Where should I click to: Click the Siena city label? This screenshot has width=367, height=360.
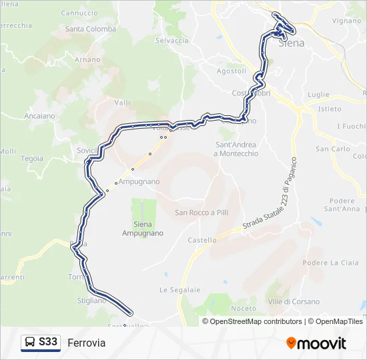pos(291,43)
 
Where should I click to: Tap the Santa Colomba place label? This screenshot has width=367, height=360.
pos(91,29)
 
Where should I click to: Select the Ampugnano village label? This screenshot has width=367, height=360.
pos(139,181)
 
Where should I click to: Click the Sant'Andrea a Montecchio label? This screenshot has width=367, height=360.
pos(236,149)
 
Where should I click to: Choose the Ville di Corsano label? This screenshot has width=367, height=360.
pos(294,302)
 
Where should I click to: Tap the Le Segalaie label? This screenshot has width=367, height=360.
pos(175,290)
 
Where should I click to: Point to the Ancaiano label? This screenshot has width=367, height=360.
pos(40,116)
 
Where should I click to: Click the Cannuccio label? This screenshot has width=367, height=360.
pos(79,13)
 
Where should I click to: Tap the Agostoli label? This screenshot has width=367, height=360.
pos(232,71)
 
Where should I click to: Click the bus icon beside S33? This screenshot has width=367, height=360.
pos(30,343)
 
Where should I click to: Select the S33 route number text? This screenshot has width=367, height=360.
pos(48,343)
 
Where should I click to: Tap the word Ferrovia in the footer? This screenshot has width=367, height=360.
pos(86,343)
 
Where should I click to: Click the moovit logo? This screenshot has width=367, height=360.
pos(316,343)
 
